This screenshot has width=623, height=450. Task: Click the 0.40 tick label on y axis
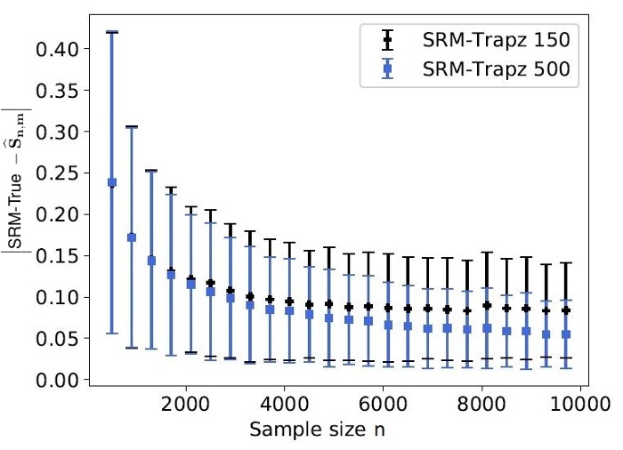61,48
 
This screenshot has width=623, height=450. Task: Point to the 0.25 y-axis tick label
61,173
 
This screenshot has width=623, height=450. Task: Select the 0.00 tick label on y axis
61,380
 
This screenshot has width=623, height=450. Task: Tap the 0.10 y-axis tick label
61,297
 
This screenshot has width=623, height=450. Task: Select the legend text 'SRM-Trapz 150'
493,39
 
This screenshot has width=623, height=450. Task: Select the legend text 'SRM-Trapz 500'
493,72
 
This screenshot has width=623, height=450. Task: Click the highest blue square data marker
112,182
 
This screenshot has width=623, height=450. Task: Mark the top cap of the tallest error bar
112,32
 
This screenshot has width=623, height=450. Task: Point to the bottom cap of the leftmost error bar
112,333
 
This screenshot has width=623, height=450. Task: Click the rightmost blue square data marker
565,334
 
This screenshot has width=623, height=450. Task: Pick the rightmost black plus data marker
565,310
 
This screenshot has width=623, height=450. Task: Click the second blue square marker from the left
132,237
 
